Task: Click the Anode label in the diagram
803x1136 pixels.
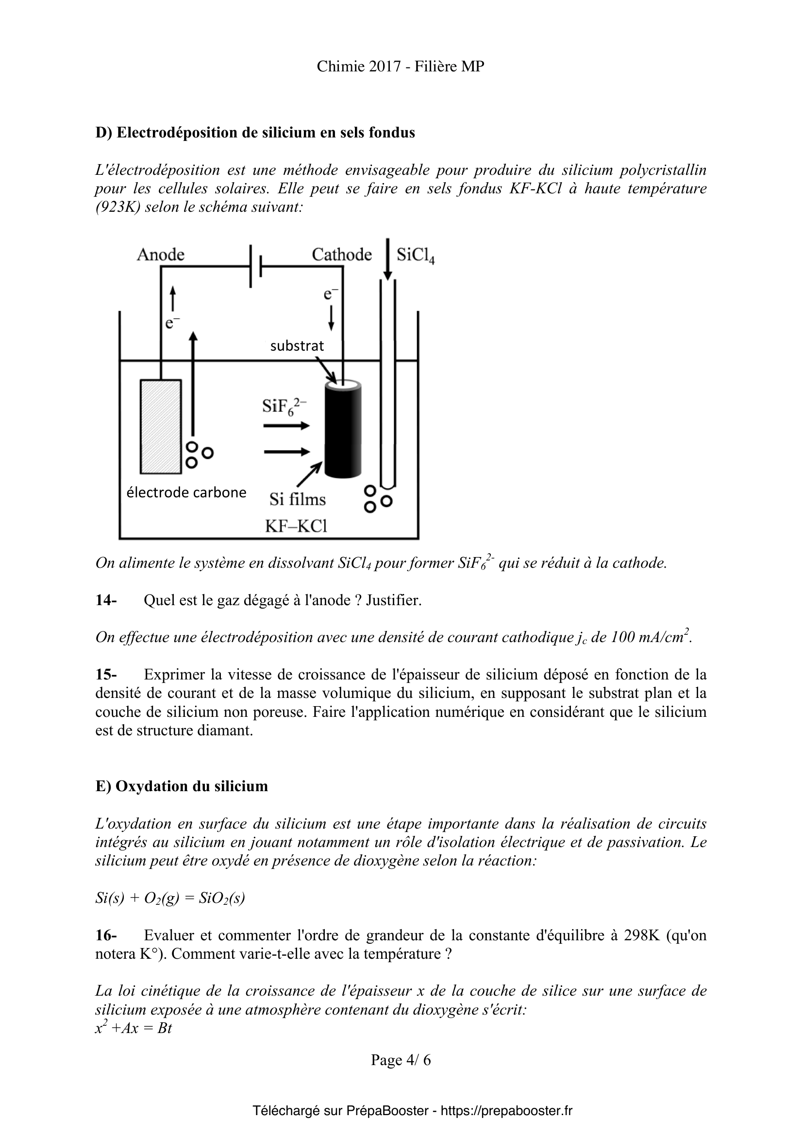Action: pos(160,254)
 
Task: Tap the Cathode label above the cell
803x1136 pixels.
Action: pos(341,254)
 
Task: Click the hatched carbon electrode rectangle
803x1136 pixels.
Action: pos(160,426)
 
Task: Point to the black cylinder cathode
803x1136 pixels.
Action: pos(343,429)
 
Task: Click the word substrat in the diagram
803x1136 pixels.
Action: pos(297,346)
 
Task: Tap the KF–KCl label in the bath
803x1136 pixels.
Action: pos(296,526)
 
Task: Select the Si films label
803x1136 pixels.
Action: pos(297,499)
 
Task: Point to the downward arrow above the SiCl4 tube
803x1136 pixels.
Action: pos(387,259)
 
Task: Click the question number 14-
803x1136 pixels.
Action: pos(106,601)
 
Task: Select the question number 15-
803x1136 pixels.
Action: pos(106,675)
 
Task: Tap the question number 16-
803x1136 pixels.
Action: pos(106,935)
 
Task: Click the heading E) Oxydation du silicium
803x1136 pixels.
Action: pos(182,786)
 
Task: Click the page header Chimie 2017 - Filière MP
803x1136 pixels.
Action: pos(401,67)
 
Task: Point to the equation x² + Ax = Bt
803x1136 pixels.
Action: pos(134,1029)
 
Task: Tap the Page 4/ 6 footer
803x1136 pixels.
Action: pos(401,1060)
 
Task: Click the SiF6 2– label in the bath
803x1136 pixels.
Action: pos(284,407)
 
